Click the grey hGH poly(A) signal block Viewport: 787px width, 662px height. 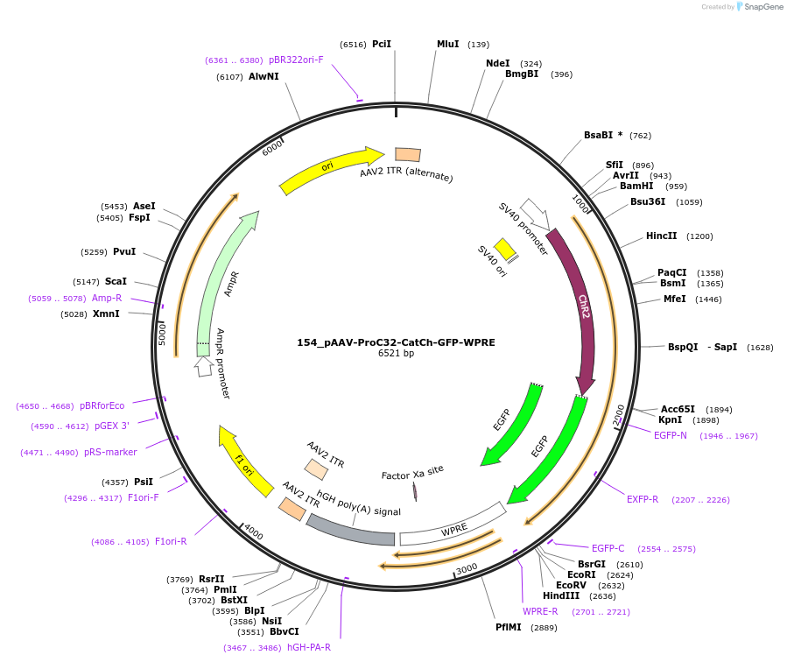[x=351, y=533]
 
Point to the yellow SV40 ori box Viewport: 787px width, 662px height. [x=505, y=249]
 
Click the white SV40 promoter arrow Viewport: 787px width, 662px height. [x=535, y=214]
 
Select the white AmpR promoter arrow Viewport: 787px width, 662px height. [x=203, y=366]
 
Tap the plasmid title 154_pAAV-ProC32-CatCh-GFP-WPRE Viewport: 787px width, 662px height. [x=396, y=342]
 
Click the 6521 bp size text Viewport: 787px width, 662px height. [x=396, y=354]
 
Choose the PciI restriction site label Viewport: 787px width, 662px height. [x=382, y=44]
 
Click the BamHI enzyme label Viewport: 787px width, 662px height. [x=636, y=187]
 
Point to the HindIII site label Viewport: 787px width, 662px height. [x=561, y=595]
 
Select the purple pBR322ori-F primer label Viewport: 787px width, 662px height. [x=296, y=60]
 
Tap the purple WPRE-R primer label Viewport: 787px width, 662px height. [x=540, y=611]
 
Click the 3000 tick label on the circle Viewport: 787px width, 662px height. [x=467, y=568]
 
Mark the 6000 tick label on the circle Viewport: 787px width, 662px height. [x=272, y=148]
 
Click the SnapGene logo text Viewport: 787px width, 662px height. [x=762, y=6]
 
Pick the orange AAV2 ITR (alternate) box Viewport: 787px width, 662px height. [x=408, y=155]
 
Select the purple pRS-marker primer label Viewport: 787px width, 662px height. [x=110, y=452]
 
